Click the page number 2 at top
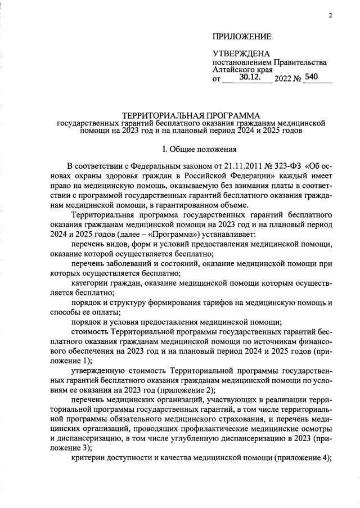pos(331,15)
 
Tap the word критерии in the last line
pos(88,458)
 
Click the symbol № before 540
pos(296,79)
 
